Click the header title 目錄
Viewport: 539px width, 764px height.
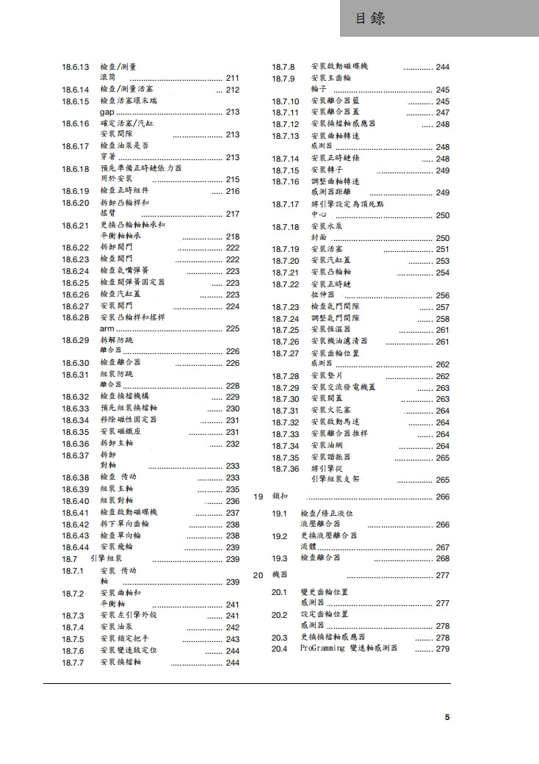coord(370,18)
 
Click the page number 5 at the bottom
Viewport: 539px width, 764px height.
coord(447,718)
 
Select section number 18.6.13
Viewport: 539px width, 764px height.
coord(75,67)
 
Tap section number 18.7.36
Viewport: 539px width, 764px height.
coord(285,469)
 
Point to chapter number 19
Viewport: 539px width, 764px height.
coord(258,497)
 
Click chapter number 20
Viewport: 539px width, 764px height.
coord(258,575)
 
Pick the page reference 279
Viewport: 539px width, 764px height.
coord(443,649)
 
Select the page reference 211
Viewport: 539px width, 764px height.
coord(233,78)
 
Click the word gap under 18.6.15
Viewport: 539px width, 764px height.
coord(107,112)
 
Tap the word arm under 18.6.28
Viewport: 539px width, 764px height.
coord(107,329)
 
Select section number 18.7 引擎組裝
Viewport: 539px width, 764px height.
coord(68,559)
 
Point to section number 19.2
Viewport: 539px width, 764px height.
coord(279,537)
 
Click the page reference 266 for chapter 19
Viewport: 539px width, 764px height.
coord(443,497)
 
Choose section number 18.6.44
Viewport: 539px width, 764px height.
coord(75,547)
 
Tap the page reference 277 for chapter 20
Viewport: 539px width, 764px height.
coord(443,576)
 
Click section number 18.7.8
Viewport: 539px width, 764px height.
coord(283,67)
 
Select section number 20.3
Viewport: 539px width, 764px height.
coord(279,638)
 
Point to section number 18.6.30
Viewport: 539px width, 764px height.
coord(75,363)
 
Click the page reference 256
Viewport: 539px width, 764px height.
coord(443,296)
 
